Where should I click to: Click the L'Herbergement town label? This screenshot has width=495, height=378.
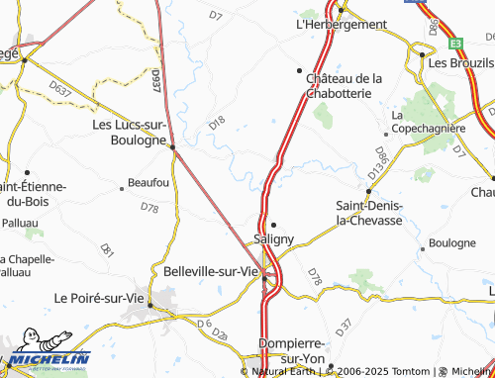[x=341, y=25]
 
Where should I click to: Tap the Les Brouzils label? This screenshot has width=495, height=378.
[x=461, y=61]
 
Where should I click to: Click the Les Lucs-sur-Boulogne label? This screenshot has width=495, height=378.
[x=129, y=133]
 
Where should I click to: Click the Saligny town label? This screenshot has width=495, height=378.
[x=273, y=239]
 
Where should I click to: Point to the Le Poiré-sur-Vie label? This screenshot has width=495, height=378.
[x=98, y=297]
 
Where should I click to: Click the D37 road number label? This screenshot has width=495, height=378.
[x=344, y=325]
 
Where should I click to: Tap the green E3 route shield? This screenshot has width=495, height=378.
[x=454, y=44]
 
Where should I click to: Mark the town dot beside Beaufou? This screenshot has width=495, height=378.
[x=122, y=184]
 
